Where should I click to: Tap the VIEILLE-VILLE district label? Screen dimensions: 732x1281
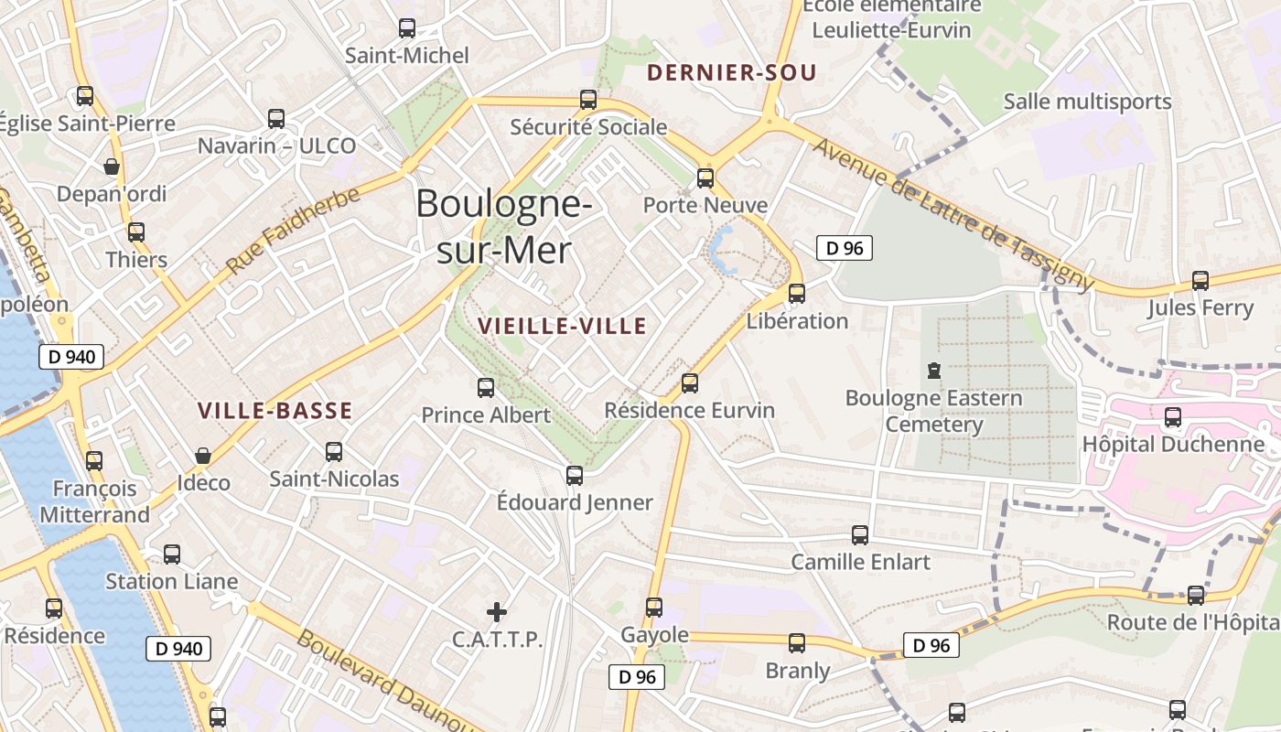tap(562, 326)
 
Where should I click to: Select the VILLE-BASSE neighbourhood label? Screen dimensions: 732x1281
tap(275, 411)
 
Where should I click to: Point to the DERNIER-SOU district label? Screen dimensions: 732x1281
tap(731, 73)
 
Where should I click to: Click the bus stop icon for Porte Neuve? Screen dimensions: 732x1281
tap(705, 178)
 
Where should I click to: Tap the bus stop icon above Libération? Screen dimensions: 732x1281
tap(797, 293)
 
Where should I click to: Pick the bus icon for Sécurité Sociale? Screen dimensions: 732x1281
tap(588, 100)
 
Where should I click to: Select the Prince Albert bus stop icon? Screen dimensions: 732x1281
tap(486, 388)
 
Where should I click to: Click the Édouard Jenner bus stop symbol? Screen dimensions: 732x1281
tap(575, 476)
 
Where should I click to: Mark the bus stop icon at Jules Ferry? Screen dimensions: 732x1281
tap(1200, 281)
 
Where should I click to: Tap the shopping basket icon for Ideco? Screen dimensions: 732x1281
tap(203, 456)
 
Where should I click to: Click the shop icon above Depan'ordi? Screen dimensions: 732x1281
tap(112, 167)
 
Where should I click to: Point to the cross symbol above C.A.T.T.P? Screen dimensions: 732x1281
tap(497, 611)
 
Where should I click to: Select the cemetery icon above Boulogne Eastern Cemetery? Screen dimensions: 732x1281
tap(933, 371)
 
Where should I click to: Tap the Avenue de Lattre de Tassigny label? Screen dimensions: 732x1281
tap(953, 215)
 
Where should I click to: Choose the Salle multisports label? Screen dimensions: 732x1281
tap(1087, 102)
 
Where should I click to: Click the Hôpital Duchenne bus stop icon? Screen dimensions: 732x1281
tap(1173, 417)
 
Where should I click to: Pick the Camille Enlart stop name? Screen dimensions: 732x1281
tap(860, 562)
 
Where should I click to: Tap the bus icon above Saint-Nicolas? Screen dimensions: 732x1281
tap(334, 451)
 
